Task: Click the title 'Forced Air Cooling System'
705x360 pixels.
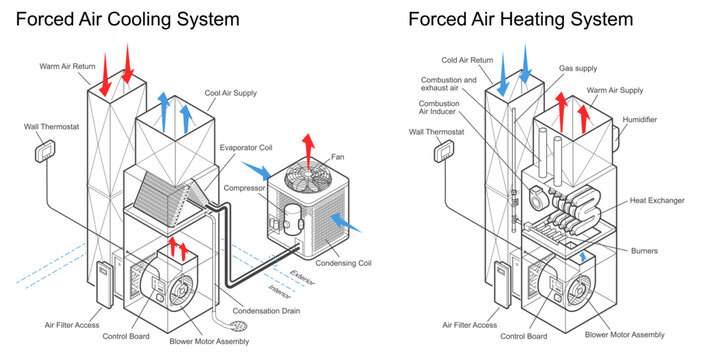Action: coord(127,19)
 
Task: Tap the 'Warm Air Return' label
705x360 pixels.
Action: coord(67,67)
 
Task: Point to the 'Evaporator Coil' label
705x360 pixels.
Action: coord(246,148)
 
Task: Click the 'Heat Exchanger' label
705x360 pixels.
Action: coord(657,201)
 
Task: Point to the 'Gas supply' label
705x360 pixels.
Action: coord(579,68)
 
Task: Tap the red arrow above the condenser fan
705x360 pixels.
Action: coord(307,141)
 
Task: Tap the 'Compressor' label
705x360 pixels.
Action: coord(244,188)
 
